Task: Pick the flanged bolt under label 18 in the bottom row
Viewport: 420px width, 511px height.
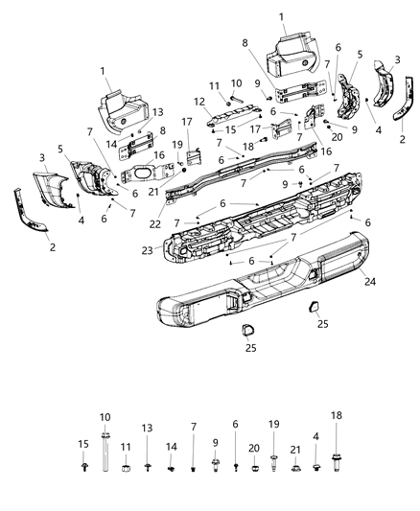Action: click(338, 470)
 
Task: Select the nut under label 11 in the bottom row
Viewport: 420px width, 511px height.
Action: click(126, 468)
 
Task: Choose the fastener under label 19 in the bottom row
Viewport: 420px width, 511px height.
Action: click(274, 470)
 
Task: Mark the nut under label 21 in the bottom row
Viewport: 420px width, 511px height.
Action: click(296, 470)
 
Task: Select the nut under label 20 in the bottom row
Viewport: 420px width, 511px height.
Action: click(253, 470)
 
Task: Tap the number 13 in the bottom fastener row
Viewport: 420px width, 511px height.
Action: click(147, 428)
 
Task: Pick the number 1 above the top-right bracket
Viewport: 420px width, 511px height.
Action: click(281, 16)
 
